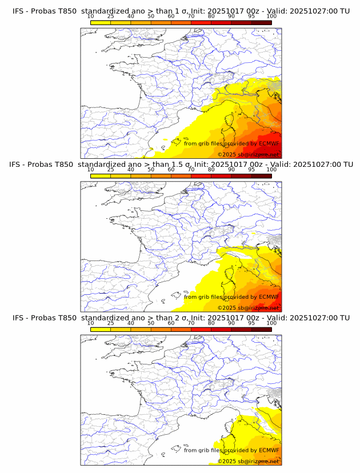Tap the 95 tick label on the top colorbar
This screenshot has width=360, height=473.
click(x=251, y=17)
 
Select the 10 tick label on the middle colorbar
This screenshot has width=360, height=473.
click(x=91, y=170)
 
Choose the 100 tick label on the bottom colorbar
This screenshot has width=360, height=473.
click(x=271, y=323)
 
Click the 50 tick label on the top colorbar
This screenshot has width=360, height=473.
click(x=151, y=17)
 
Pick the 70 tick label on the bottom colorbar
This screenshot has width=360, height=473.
click(x=191, y=323)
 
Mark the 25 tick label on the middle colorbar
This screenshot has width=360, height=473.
click(x=111, y=170)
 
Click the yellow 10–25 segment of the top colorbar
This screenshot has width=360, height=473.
click(x=101, y=22)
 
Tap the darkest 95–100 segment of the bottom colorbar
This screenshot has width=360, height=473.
click(x=261, y=330)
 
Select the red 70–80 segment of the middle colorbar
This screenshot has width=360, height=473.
click(x=201, y=176)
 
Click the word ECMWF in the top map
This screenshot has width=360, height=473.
click(x=269, y=143)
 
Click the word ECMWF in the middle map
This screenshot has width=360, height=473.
click(x=269, y=297)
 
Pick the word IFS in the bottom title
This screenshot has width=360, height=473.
click(x=18, y=318)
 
